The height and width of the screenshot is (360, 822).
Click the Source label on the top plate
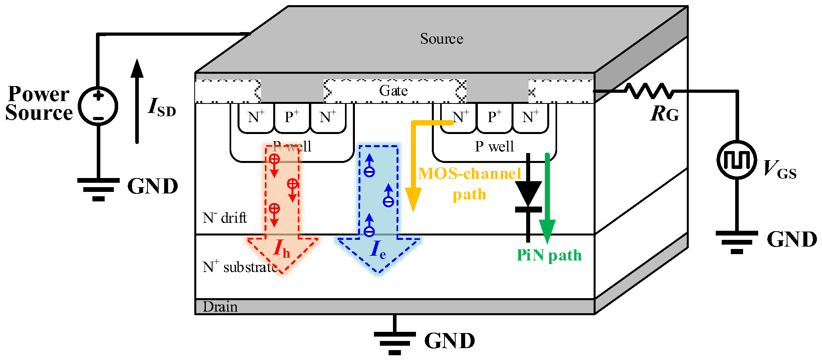coord(441,39)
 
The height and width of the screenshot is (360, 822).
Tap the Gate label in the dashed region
coord(393,91)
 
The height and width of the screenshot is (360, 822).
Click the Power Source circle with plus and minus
coord(98,106)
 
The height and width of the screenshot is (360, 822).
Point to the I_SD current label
coord(161,107)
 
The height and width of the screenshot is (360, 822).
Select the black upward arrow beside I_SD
coord(137,101)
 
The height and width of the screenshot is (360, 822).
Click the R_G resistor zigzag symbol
coord(649,91)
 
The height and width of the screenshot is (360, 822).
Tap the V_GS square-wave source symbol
coord(737,160)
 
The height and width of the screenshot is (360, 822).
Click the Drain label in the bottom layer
coord(220,307)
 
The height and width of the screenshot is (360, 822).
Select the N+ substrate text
coord(240,267)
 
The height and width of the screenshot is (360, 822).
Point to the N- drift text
coord(224,218)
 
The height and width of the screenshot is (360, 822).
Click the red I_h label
coord(282,249)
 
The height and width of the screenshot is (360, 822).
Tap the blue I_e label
coord(378,250)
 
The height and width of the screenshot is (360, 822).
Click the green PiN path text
coord(549,255)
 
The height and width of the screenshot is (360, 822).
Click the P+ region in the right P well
coord(494,117)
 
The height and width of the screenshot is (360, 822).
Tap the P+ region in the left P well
coord(291,117)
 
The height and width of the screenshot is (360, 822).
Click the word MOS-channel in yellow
coord(469,174)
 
